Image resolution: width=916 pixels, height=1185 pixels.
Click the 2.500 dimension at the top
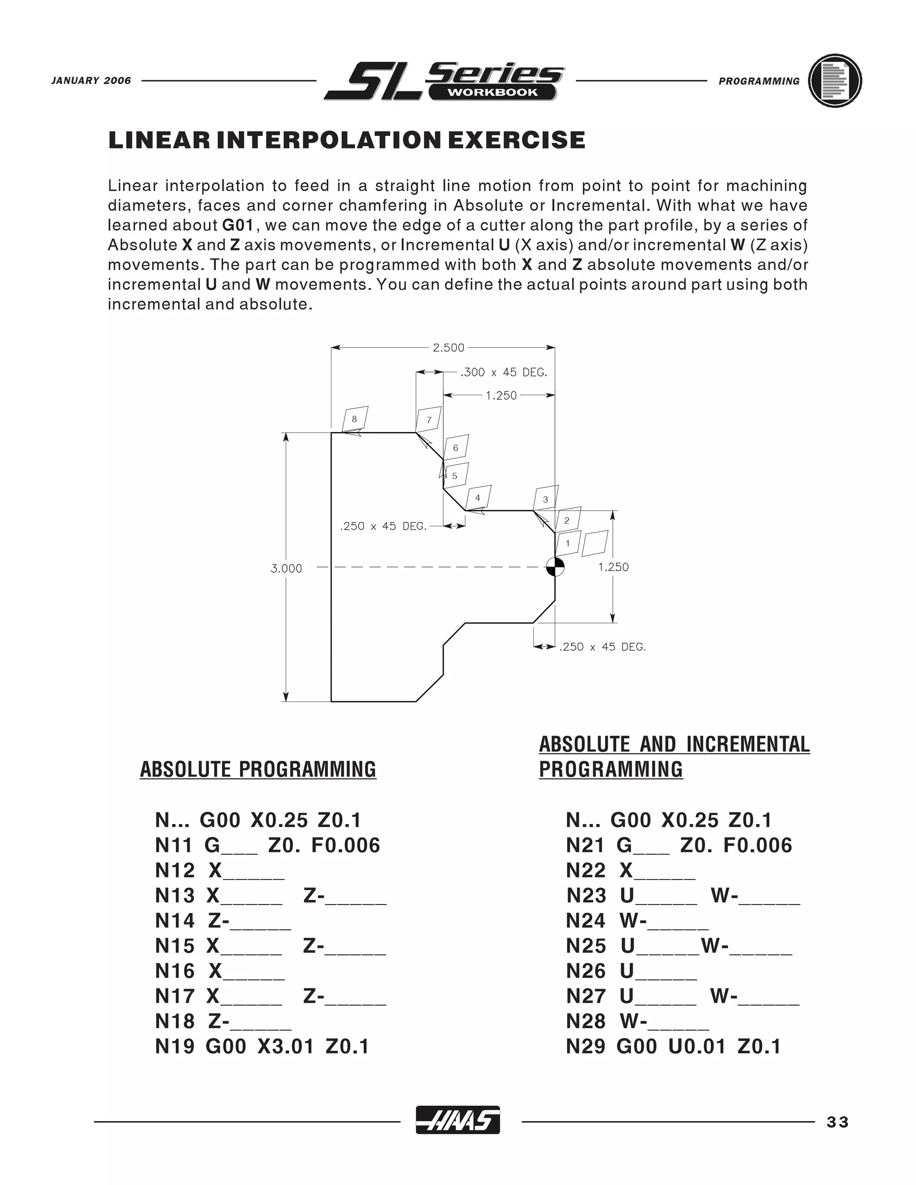click(x=448, y=348)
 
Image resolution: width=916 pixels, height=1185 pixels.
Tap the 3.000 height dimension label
click(x=286, y=569)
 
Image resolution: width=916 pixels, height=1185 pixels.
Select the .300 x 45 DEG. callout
click(x=504, y=373)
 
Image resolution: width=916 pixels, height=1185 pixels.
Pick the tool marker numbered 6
click(x=456, y=448)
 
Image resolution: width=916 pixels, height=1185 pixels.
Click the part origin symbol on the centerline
click(x=555, y=567)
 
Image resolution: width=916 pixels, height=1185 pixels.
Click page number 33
click(x=837, y=1122)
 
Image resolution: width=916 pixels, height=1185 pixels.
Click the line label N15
click(x=174, y=946)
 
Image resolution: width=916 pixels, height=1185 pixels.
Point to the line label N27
click(x=585, y=997)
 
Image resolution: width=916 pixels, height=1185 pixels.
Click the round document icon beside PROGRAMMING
click(x=835, y=81)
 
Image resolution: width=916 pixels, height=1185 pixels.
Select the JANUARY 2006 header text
click(x=91, y=81)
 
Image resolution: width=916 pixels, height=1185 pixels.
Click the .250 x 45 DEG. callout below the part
click(x=602, y=647)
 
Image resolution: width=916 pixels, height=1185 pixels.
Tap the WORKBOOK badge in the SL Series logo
click(x=492, y=92)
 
